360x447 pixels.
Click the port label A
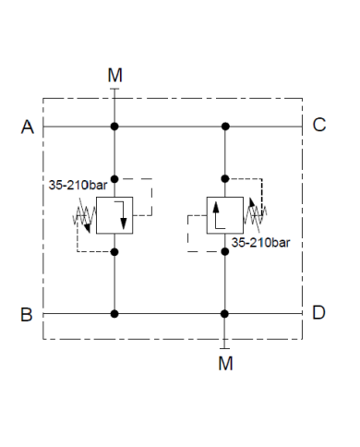pos(28,127)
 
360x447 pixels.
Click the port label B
pos(28,314)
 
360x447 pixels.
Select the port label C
pos(318,127)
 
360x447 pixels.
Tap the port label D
pos(318,314)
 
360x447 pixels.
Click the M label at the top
pos(114,75)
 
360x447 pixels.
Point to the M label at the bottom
pos(225,363)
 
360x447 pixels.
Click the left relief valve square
pos(114,218)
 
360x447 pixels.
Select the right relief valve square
pos(225,218)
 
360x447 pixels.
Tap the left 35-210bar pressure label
pos(76,185)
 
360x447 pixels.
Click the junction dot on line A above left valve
pos(114,127)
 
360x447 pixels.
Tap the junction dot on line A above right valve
pos(225,127)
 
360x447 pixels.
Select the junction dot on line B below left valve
pos(114,314)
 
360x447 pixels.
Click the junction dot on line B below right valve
pos(225,314)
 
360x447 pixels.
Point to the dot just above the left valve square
pos(114,177)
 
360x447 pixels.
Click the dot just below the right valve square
pos(225,252)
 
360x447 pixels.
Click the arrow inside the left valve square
pos(121,219)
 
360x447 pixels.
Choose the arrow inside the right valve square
pos(218,218)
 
